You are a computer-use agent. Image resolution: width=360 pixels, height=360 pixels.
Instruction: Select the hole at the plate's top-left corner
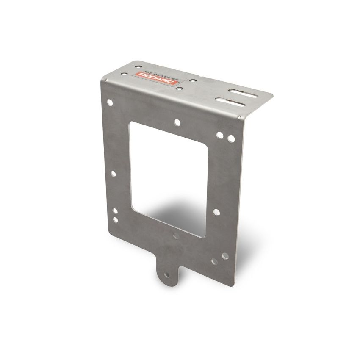coord(111,102)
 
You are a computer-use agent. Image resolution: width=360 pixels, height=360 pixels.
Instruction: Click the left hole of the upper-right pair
coord(221,136)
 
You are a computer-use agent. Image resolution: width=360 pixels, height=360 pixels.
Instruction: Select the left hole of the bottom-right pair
coord(215,258)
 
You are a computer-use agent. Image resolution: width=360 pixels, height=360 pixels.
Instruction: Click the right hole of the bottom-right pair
coord(224,256)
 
